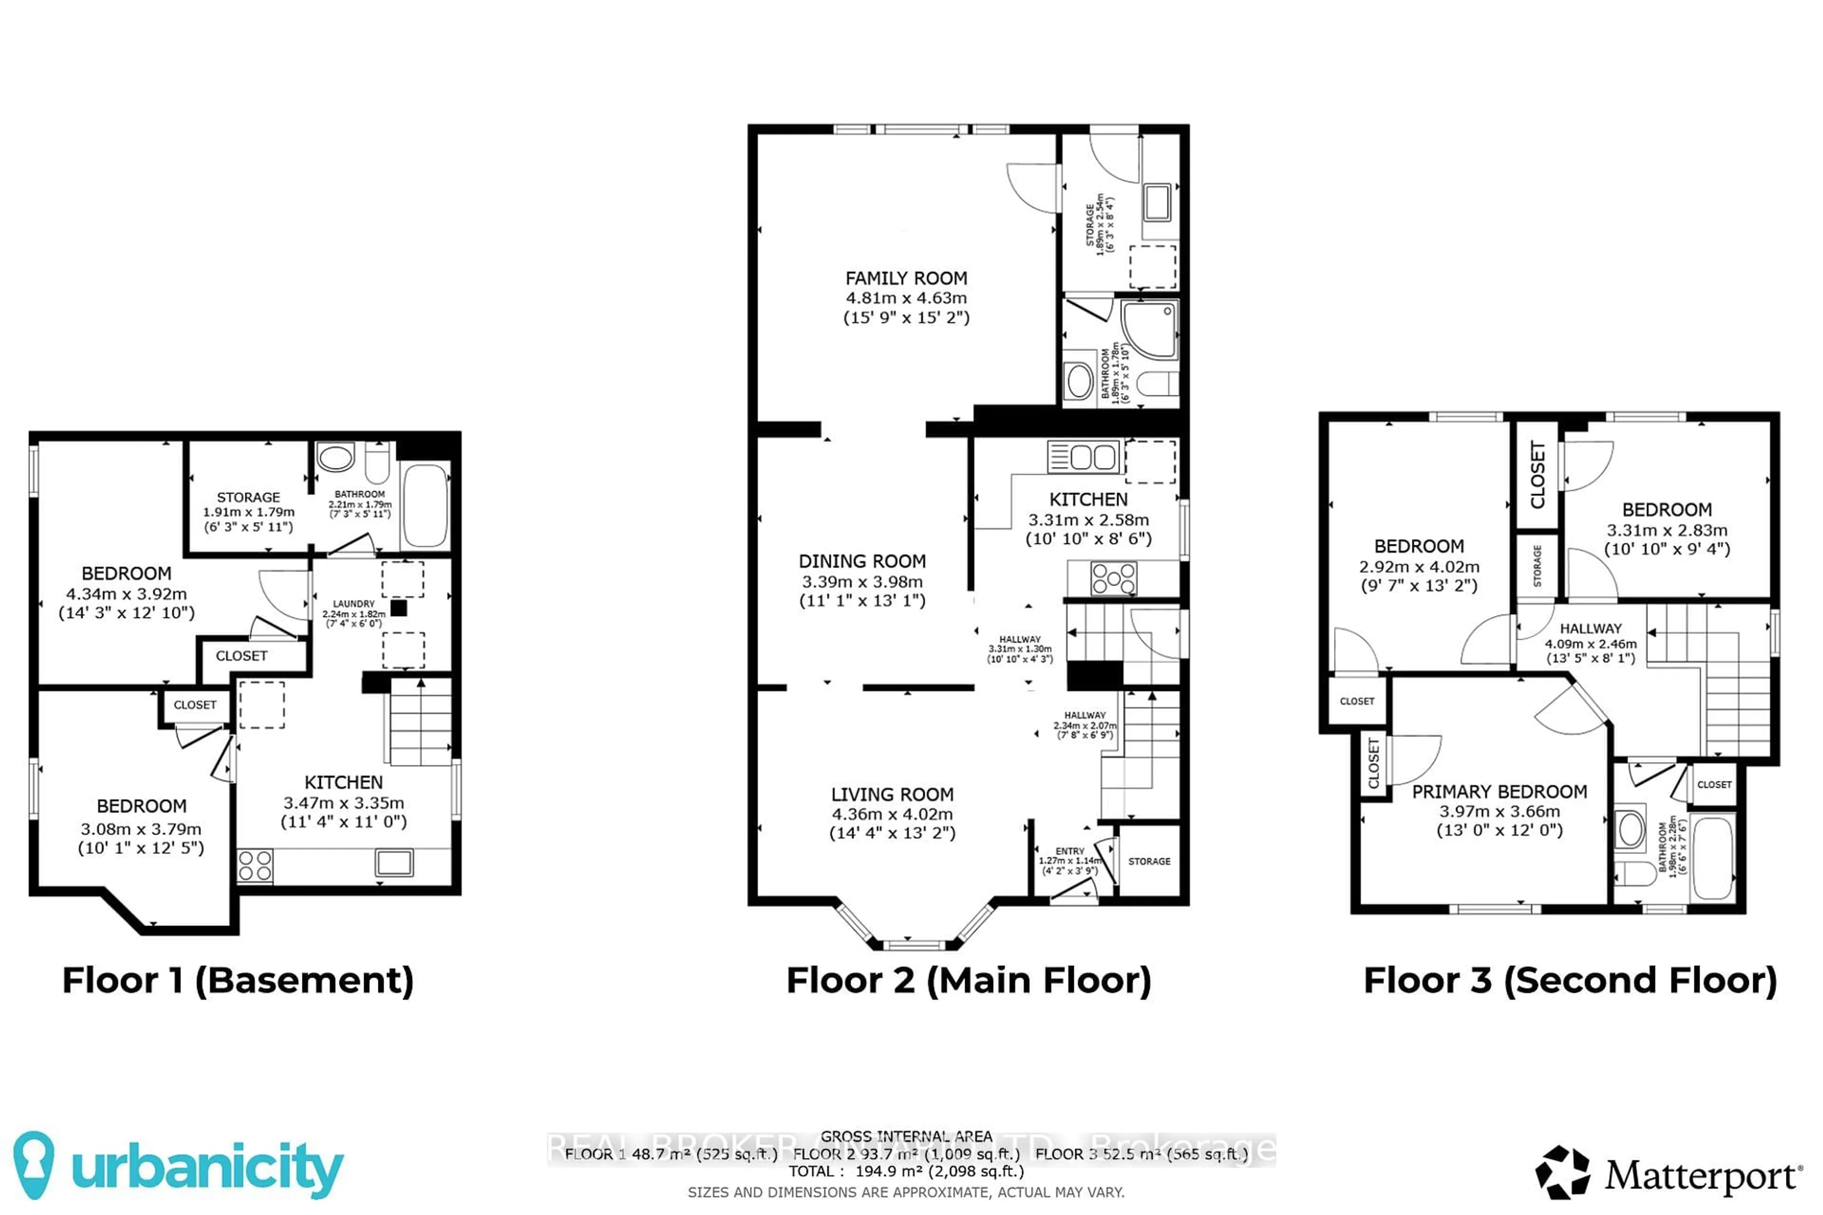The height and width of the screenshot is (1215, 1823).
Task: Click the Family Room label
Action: pos(906,278)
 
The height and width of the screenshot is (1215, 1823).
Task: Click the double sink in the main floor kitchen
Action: pos(1083,457)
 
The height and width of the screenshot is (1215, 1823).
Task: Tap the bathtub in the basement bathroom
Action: pos(425,505)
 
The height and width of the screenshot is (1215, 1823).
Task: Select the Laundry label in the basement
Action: pos(353,604)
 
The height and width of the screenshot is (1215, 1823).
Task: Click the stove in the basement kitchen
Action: pos(255,866)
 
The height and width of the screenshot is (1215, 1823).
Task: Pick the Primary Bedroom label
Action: pos(1499,792)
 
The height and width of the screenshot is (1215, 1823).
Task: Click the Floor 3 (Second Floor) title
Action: pos(1569,981)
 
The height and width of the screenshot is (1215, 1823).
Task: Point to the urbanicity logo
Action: pos(179,1166)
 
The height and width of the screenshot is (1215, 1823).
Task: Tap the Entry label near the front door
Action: pos(1070,851)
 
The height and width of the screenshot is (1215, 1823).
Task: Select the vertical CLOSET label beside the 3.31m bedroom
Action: pos(1538,475)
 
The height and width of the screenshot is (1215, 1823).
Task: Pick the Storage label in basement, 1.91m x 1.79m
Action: pos(248,497)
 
